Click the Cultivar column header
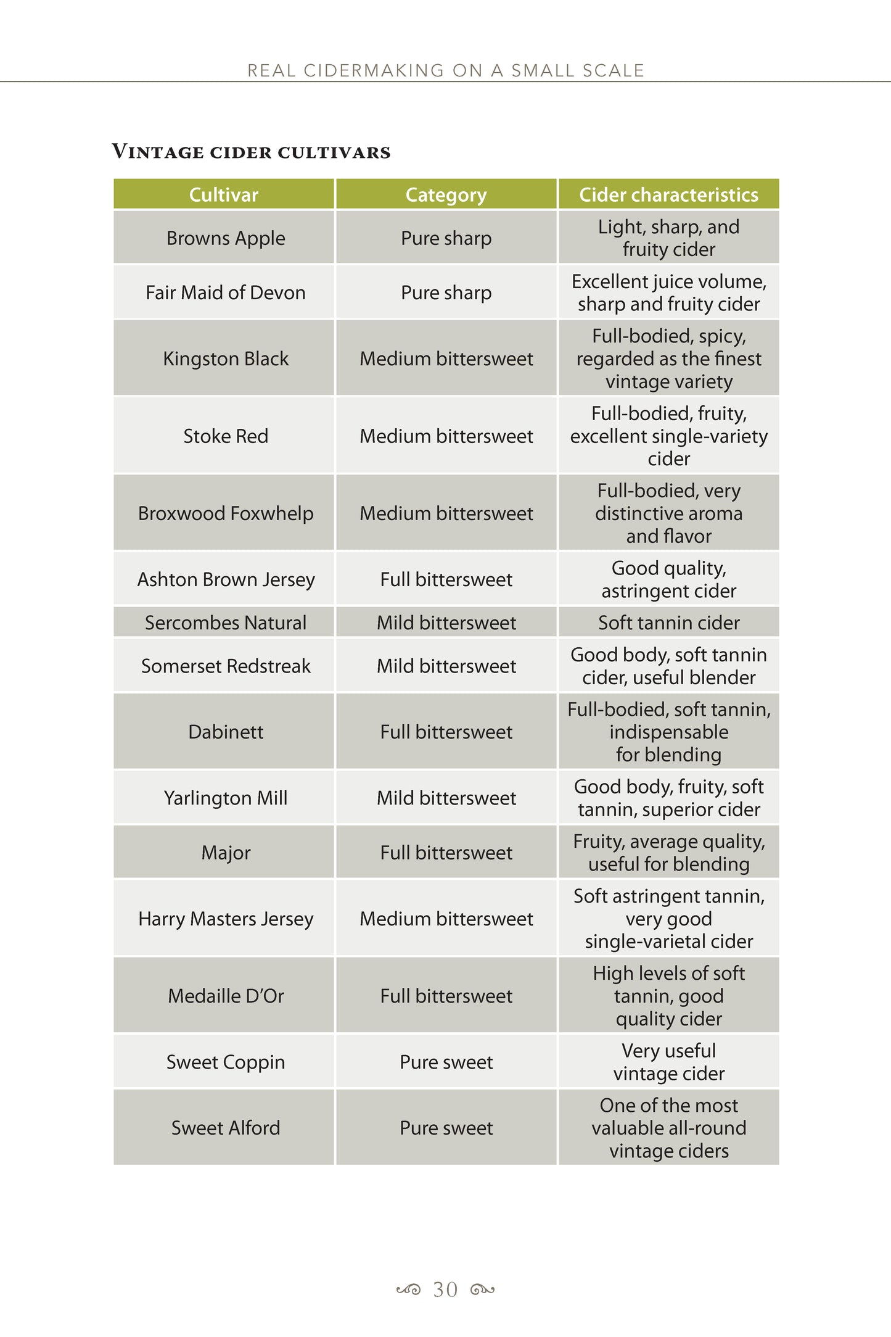[223, 195]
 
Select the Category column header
[446, 195]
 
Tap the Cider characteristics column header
[668, 195]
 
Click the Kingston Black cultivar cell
[225, 358]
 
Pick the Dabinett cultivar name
[225, 732]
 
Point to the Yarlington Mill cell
[225, 798]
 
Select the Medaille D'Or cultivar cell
[225, 996]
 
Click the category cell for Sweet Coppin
[446, 1062]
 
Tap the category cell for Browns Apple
[446, 238]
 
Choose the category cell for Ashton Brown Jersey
[446, 579]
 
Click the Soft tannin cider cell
[668, 623]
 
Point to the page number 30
[445, 1289]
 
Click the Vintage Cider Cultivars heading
[251, 152]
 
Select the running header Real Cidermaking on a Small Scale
[445, 70]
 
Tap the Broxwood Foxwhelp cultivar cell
[225, 513]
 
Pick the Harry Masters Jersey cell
[225, 919]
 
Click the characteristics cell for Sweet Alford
[668, 1128]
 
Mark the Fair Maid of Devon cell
[225, 292]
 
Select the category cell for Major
[446, 853]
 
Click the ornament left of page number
[408, 1289]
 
